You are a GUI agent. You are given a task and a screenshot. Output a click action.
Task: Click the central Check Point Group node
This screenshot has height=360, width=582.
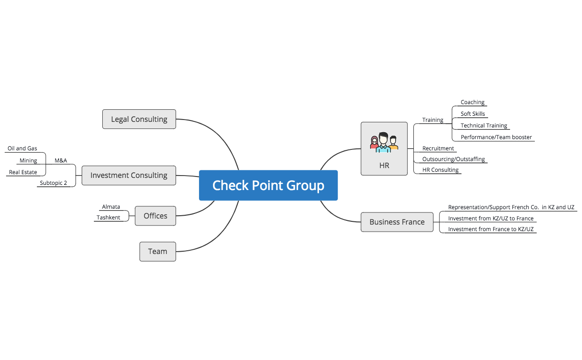click(x=268, y=185)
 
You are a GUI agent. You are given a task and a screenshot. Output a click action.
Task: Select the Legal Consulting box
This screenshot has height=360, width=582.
click(x=139, y=119)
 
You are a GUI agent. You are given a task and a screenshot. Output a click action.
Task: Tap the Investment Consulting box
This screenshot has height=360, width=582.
click(x=128, y=176)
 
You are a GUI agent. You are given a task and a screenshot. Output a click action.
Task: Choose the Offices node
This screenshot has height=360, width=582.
click(x=155, y=216)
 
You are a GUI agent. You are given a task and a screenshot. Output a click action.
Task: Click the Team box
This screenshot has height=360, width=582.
click(x=157, y=252)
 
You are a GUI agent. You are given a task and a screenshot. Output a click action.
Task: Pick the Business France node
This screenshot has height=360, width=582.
click(x=397, y=222)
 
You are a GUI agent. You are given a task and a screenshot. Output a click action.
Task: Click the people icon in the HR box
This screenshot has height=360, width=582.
click(x=383, y=142)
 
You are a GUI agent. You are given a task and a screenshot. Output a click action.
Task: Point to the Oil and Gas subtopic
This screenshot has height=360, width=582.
click(x=22, y=148)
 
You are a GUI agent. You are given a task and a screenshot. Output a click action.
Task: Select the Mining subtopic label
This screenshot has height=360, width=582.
click(x=28, y=161)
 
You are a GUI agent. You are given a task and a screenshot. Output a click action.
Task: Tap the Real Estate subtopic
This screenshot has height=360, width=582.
click(x=23, y=172)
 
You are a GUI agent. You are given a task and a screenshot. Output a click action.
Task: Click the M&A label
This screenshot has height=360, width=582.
click(x=61, y=161)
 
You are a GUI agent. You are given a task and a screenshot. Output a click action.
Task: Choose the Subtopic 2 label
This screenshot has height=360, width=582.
click(x=53, y=183)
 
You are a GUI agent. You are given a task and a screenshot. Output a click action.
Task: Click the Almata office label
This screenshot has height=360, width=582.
click(x=111, y=207)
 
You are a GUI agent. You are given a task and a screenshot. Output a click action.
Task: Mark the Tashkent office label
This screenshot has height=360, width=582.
click(x=108, y=218)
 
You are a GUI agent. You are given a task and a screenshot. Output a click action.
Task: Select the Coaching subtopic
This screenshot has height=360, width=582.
click(x=472, y=102)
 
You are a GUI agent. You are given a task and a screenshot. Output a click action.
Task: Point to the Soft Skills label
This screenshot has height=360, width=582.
click(x=473, y=114)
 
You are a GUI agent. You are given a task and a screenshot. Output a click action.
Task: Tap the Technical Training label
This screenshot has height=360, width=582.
click(x=483, y=126)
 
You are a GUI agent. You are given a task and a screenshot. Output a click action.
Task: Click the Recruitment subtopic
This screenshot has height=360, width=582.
click(x=438, y=148)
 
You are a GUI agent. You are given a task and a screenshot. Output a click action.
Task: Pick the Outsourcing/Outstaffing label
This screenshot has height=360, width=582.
click(x=453, y=159)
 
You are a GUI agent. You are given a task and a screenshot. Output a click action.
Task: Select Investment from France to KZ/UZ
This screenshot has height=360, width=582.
click(x=490, y=229)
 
